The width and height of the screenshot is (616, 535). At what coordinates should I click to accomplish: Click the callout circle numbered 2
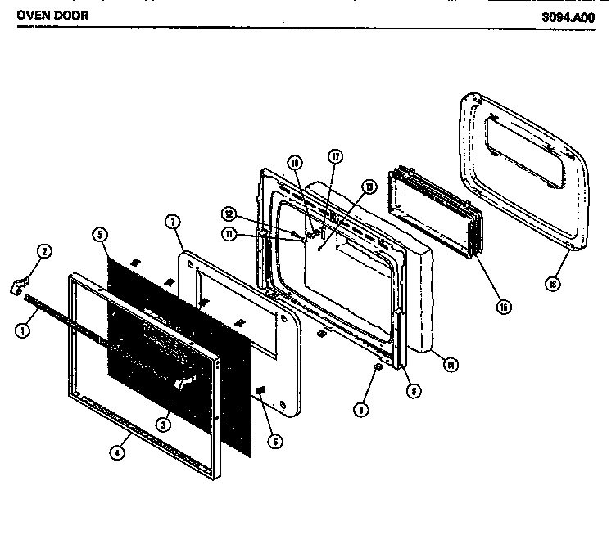point(44,251)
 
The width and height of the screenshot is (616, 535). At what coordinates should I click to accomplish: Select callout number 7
point(171,222)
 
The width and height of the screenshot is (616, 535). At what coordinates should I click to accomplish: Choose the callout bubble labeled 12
point(230,214)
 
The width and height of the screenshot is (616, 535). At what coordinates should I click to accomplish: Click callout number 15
point(503,307)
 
